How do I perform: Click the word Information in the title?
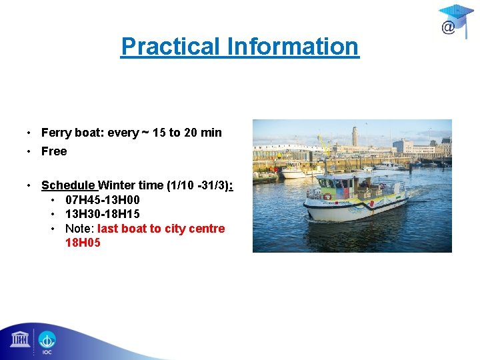point(293,47)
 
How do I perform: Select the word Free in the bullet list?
point(54,151)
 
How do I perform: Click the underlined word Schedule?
point(69,185)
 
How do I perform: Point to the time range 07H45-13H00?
point(103,200)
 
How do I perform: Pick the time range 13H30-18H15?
point(103,214)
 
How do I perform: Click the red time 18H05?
point(83,243)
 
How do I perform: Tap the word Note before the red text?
point(79,229)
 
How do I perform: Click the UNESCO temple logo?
point(20,340)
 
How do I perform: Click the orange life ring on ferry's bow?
point(327,197)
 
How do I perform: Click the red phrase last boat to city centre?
point(161,229)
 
